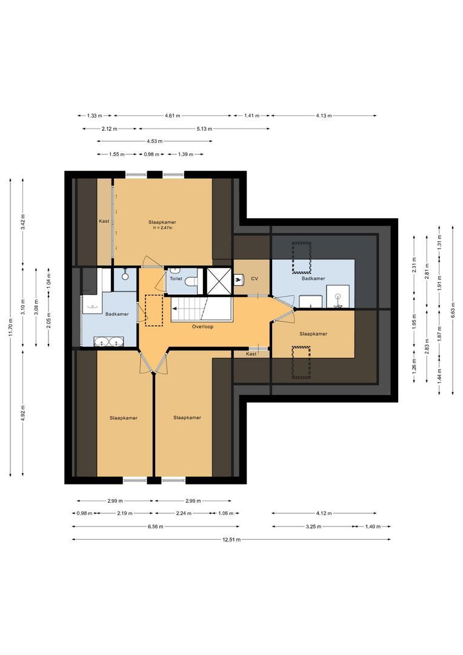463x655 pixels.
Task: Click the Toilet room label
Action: click(x=176, y=279)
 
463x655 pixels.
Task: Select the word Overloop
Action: click(x=202, y=326)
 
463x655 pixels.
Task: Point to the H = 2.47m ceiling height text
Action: click(x=162, y=228)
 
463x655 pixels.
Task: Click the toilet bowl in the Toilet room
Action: click(x=191, y=282)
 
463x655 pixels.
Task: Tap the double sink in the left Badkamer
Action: click(x=108, y=342)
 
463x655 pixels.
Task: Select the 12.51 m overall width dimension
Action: click(x=231, y=539)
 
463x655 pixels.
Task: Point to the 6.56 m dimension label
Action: click(x=155, y=526)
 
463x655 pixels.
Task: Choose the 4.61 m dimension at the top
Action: click(x=173, y=115)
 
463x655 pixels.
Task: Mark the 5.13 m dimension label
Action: click(x=204, y=129)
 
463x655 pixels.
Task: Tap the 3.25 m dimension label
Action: click(x=311, y=526)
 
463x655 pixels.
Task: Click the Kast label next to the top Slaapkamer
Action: click(x=104, y=221)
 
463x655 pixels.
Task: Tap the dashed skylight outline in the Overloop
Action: click(x=154, y=309)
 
